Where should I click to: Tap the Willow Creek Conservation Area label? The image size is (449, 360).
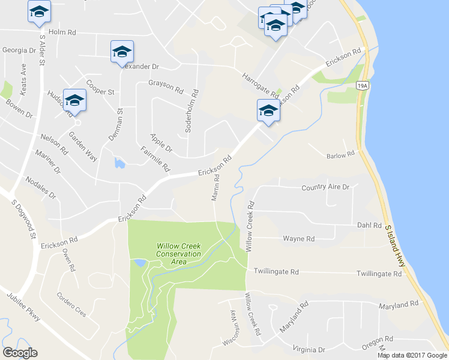tap(178, 254)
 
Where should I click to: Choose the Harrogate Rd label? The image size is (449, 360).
tap(261, 85)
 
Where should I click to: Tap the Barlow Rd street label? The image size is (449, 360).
tap(340, 155)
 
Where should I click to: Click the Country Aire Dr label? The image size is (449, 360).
tap(325, 187)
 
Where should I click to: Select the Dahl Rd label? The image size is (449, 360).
tap(369, 226)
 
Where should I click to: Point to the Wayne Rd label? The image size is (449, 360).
tap(298, 239)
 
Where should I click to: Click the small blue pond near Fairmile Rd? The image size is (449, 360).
tap(119, 163)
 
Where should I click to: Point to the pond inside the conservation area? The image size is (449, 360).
tap(139, 263)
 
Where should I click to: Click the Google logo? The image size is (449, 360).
tap(20, 353)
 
